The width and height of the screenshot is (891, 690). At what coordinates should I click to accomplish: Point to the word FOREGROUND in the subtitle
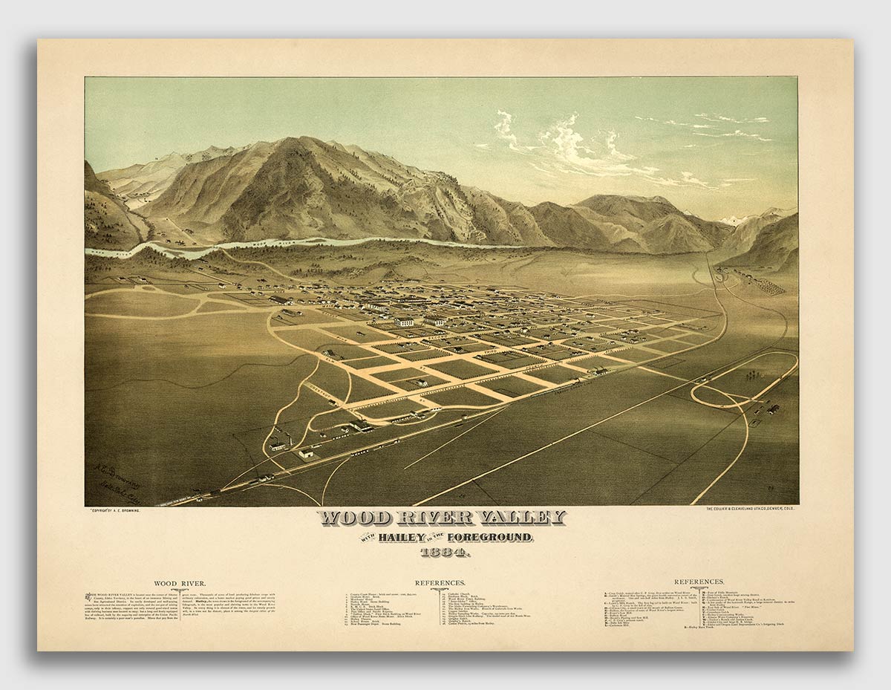(490, 537)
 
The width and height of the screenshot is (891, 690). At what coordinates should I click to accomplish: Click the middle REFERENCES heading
(440, 584)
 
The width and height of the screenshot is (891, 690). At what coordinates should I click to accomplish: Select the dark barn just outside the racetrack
(773, 409)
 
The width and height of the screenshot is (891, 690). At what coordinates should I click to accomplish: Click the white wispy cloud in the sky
(572, 149)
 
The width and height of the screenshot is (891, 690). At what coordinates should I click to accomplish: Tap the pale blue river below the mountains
(297, 244)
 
